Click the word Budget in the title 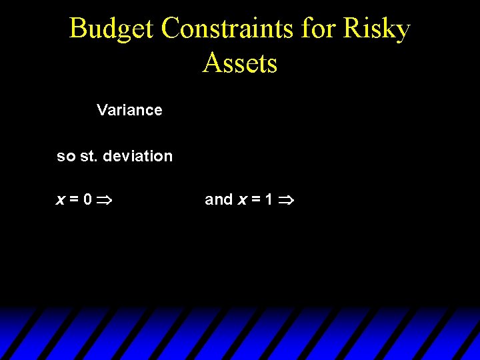[x=111, y=29]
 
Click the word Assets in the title [x=240, y=63]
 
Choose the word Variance [x=129, y=110]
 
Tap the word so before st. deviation [x=66, y=157]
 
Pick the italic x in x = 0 [x=60, y=199]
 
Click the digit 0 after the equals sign [x=88, y=199]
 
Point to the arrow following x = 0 [x=107, y=199]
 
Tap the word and [x=219, y=199]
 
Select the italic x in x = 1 [x=242, y=199]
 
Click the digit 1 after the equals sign [x=269, y=199]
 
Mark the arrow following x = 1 [x=287, y=199]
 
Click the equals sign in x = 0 [x=73, y=199]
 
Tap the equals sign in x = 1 [x=255, y=199]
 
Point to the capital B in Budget [x=78, y=29]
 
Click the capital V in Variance [x=102, y=110]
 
